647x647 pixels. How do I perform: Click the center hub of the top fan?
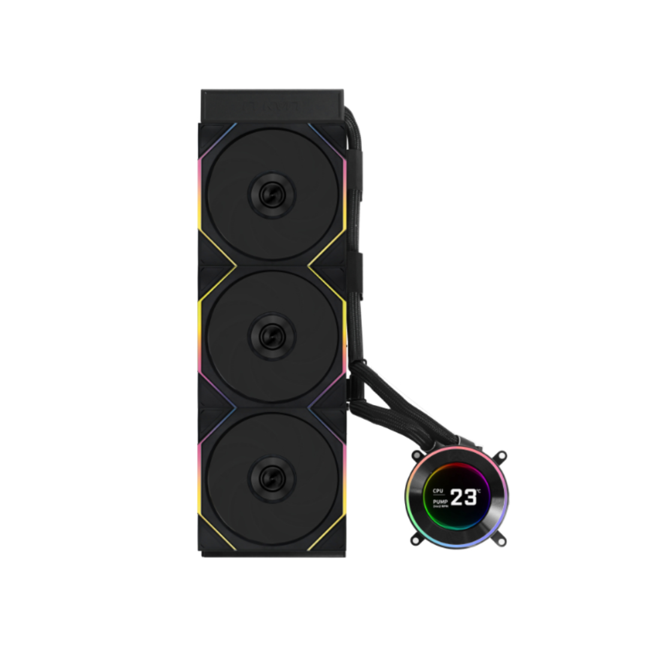(x=272, y=195)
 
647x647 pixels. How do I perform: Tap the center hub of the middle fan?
(x=272, y=336)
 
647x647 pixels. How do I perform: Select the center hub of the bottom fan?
(x=272, y=478)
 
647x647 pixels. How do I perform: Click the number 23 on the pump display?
(x=464, y=497)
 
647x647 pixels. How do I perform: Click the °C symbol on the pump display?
(x=479, y=491)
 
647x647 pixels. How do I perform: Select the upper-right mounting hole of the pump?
(x=501, y=455)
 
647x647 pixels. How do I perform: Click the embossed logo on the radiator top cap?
(x=272, y=106)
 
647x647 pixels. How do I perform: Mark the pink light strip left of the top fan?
(x=200, y=186)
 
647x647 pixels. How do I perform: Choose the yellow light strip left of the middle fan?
(x=200, y=323)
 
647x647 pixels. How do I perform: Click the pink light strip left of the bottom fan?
(x=200, y=464)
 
